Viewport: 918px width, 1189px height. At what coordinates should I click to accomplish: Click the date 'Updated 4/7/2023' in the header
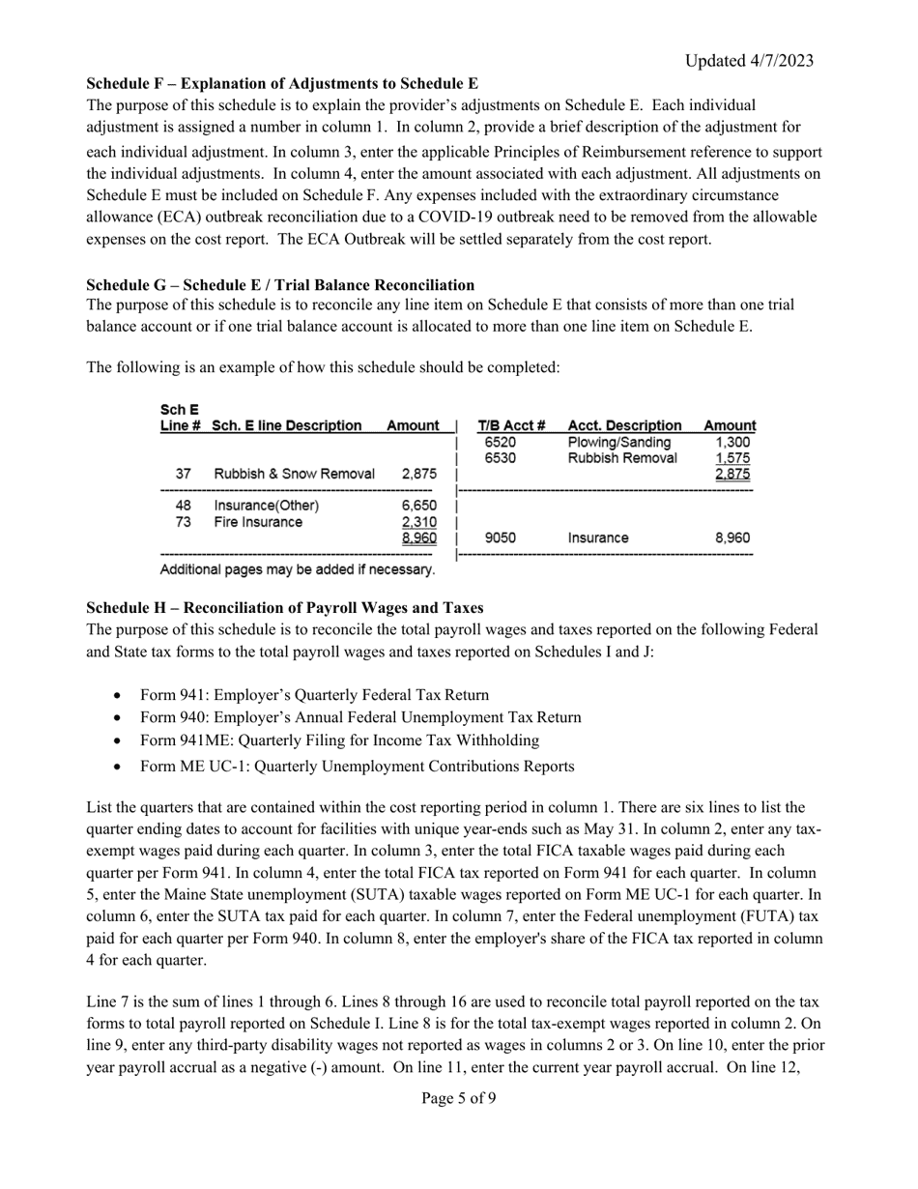[x=749, y=61]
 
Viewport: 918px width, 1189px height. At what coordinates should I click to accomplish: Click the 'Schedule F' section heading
[x=282, y=84]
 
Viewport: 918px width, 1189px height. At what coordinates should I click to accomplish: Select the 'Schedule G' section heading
[x=280, y=285]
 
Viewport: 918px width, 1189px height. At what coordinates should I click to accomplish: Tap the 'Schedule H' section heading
[x=285, y=608]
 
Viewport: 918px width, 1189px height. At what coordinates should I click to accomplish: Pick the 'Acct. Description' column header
[x=625, y=425]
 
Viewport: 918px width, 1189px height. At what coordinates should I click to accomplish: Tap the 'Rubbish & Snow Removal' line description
[x=294, y=474]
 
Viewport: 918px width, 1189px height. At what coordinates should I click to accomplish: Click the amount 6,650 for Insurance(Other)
[x=418, y=506]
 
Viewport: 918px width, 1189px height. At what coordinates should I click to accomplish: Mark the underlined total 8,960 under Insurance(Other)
[x=418, y=538]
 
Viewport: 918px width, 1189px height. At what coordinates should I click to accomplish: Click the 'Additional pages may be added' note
[x=297, y=569]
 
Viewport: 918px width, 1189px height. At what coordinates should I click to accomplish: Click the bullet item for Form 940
[x=360, y=717]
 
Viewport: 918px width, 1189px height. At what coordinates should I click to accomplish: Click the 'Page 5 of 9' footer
[x=459, y=1098]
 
